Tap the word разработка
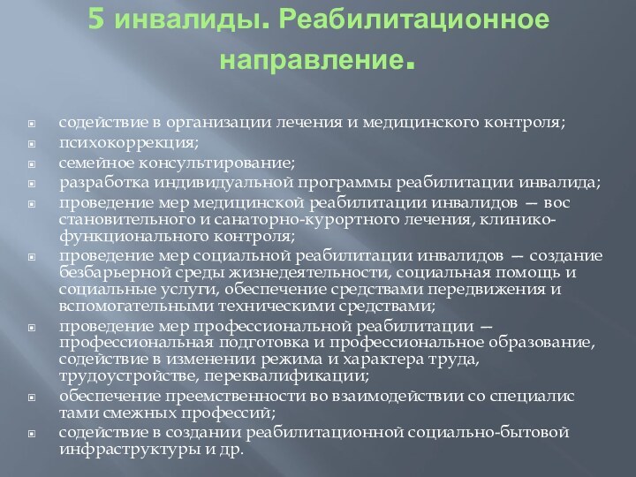[x=96, y=184]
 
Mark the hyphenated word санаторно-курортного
[x=256, y=219]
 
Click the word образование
[x=538, y=342]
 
